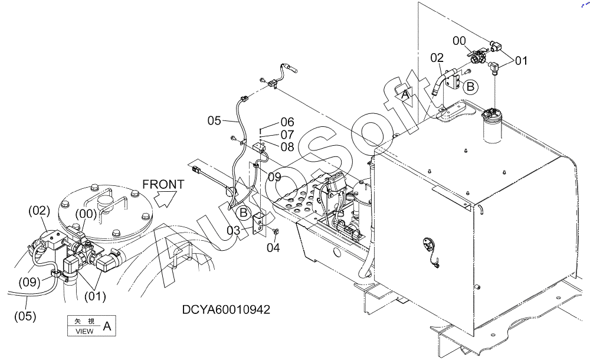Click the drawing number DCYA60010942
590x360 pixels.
tap(226, 309)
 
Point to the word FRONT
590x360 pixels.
tap(163, 185)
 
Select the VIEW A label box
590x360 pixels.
tap(91, 326)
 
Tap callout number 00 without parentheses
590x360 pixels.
tap(459, 41)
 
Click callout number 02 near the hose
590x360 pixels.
tap(437, 58)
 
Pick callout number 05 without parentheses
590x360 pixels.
tap(214, 120)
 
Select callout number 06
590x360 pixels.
tap(287, 122)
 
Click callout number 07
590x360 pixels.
tap(287, 135)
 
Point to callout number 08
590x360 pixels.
tap(287, 147)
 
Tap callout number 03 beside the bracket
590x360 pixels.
tap(233, 230)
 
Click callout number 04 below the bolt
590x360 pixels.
tap(274, 247)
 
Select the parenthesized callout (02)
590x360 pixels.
tap(40, 211)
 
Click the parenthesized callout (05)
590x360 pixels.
tap(25, 316)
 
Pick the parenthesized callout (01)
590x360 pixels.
tap(95, 296)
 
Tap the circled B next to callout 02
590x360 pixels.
tap(470, 87)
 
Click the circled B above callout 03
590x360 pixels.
tap(244, 213)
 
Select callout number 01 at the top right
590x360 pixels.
tap(521, 60)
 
